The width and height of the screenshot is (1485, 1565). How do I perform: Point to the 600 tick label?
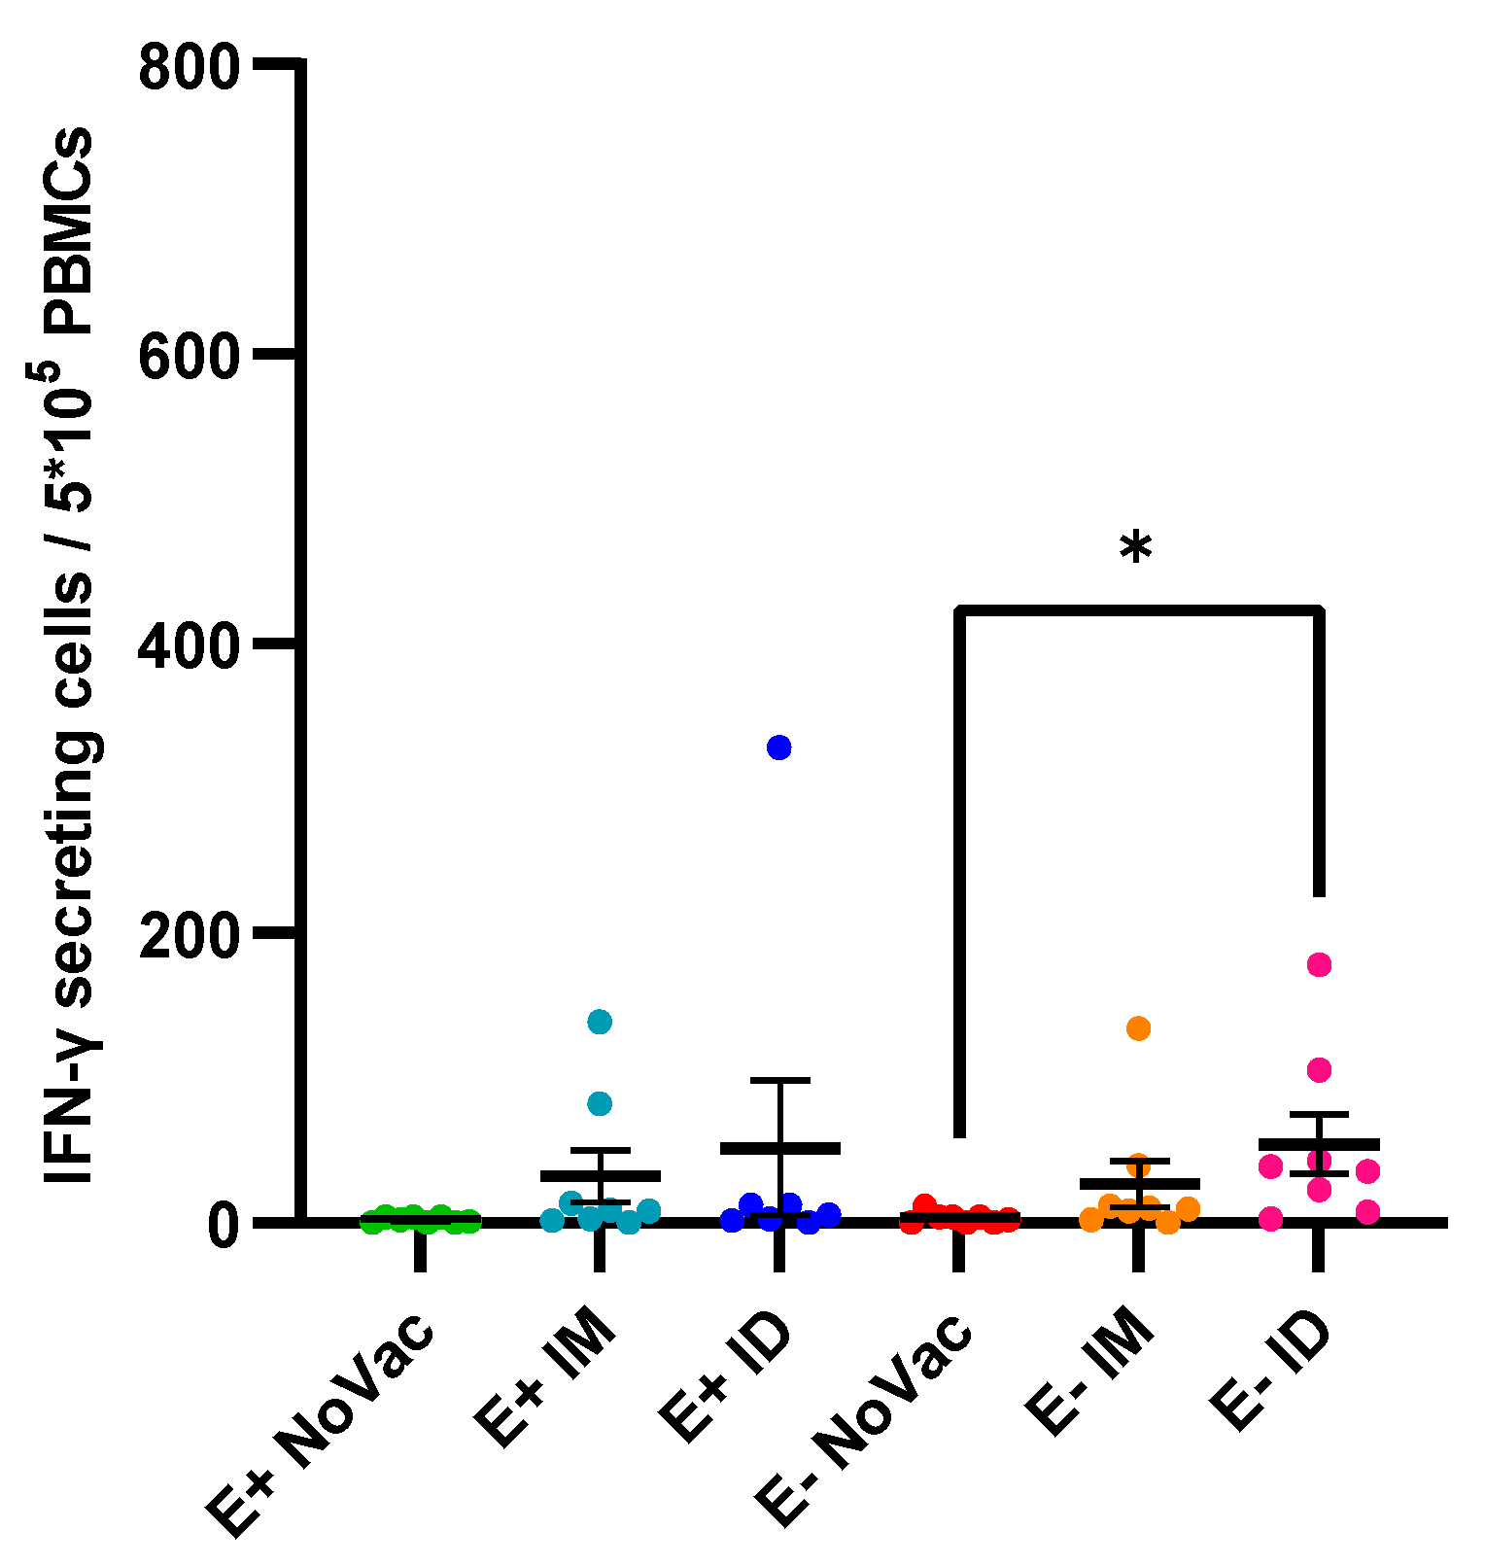(x=189, y=357)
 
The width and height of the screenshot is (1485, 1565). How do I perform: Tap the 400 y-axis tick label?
(x=189, y=644)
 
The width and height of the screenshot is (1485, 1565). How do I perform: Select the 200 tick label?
(x=189, y=933)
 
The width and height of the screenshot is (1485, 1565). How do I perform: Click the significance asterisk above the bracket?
(x=1135, y=550)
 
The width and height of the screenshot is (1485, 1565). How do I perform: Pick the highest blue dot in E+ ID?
(x=778, y=748)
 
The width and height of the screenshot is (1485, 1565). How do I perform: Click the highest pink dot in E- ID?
(x=1319, y=964)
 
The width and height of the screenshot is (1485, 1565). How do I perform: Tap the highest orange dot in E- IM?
(x=1138, y=1028)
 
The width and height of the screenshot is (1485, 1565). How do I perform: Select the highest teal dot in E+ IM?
(x=600, y=1022)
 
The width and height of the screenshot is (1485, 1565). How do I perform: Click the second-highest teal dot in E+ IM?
(x=600, y=1103)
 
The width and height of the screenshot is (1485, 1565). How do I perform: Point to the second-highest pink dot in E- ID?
(x=1319, y=1070)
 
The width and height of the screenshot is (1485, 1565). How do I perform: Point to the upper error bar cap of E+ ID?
(x=779, y=1080)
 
